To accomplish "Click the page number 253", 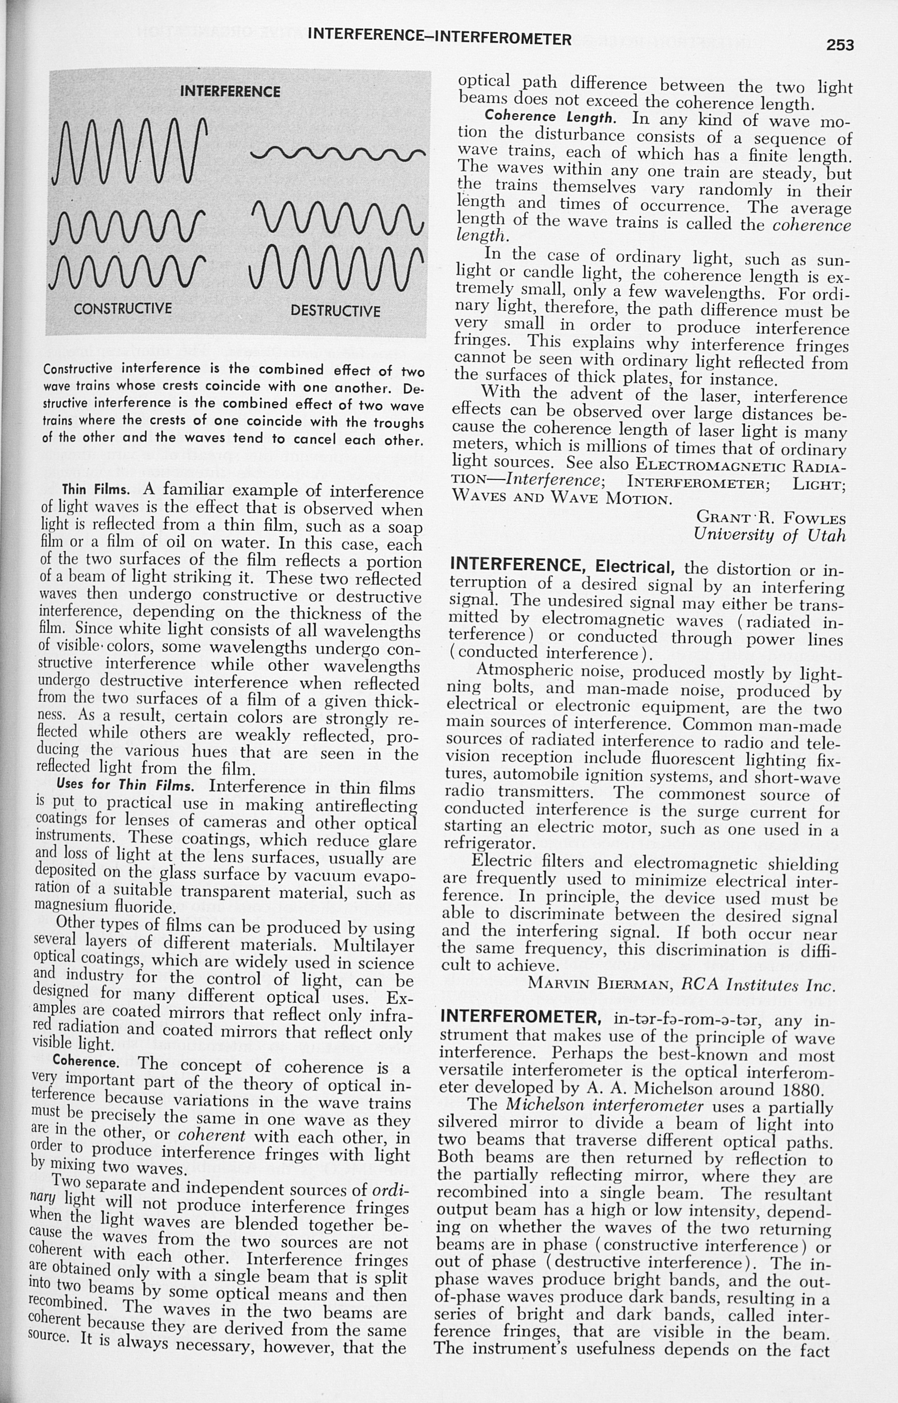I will pos(840,45).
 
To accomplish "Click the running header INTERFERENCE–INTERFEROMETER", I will pos(439,39).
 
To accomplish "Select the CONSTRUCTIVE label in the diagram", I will pos(123,308).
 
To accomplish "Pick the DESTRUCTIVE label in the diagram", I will pos(335,311).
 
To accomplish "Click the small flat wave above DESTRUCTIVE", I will pos(338,154).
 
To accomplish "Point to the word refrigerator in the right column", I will pos(489,843).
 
